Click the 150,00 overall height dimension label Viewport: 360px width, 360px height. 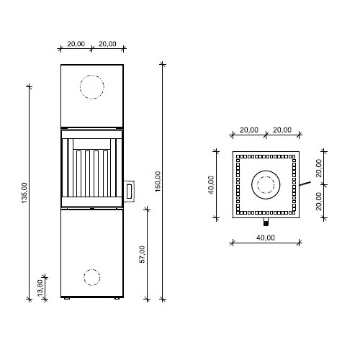pyautogui.click(x=158, y=181)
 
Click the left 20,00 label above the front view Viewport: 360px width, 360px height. pyautogui.click(x=76, y=44)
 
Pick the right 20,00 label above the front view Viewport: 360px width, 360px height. pyautogui.click(x=108, y=44)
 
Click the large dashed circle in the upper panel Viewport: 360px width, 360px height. pyautogui.click(x=92, y=87)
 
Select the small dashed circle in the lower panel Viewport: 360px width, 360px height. pyautogui.click(x=92, y=276)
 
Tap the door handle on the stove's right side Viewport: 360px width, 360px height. pyautogui.click(x=129, y=191)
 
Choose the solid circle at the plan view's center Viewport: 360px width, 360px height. pyautogui.click(x=265, y=186)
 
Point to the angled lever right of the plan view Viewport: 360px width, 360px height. pyautogui.click(x=306, y=184)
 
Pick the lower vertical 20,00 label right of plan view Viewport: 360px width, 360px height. pyautogui.click(x=320, y=202)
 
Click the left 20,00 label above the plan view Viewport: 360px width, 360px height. pyautogui.click(x=248, y=130)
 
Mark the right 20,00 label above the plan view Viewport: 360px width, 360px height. pyautogui.click(x=282, y=130)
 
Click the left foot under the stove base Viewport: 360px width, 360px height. pyautogui.click(x=66, y=299)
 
